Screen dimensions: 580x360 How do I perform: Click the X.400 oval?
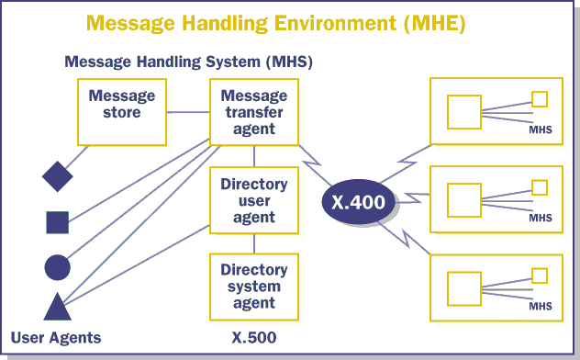pyautogui.click(x=359, y=202)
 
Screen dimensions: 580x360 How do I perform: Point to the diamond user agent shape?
pyautogui.click(x=57, y=176)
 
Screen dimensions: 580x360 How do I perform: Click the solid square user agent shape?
pyautogui.click(x=57, y=222)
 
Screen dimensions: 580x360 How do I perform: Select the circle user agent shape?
pyautogui.click(x=57, y=267)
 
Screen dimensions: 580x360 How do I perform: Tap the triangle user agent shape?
pyautogui.click(x=57, y=308)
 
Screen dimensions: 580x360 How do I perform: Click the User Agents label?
pyautogui.click(x=56, y=338)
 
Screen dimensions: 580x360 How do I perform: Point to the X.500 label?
pyautogui.click(x=254, y=337)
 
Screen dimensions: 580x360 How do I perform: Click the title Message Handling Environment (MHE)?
pyautogui.click(x=276, y=23)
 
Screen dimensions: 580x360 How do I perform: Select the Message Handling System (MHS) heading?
pyautogui.click(x=189, y=62)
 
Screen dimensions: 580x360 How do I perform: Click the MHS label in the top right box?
pyautogui.click(x=541, y=129)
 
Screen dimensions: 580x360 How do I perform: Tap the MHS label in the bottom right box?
pyautogui.click(x=541, y=306)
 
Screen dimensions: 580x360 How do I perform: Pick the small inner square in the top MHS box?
pyautogui.click(x=540, y=99)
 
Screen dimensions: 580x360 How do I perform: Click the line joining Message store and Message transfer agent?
pyautogui.click(x=188, y=112)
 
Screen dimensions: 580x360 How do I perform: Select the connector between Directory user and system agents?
pyautogui.click(x=254, y=243)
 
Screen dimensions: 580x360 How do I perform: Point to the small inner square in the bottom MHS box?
pyautogui.click(x=540, y=276)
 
